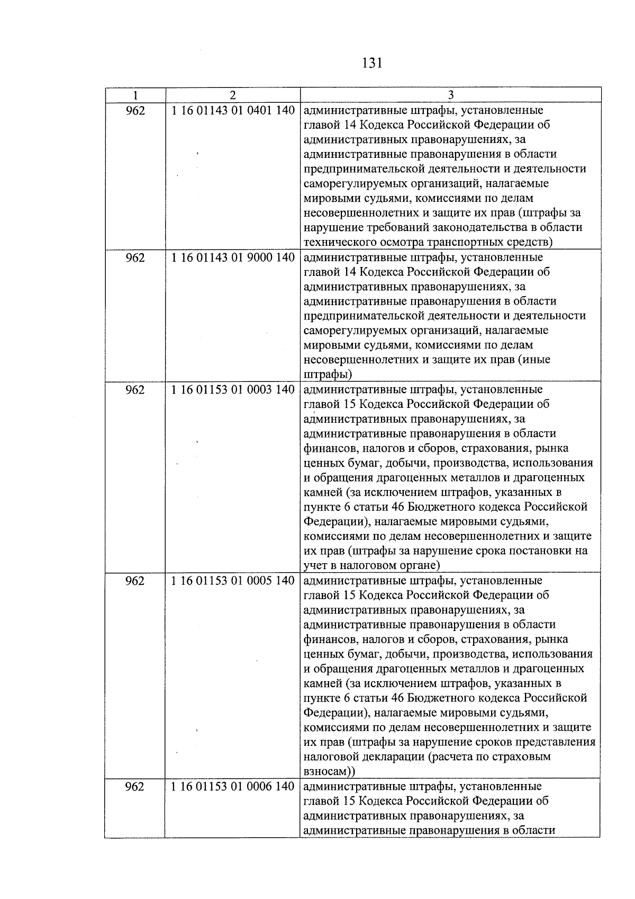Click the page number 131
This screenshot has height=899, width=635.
pos(371,64)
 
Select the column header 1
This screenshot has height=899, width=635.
pos(135,95)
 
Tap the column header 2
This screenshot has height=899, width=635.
pos(233,95)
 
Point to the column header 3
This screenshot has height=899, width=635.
pos(450,95)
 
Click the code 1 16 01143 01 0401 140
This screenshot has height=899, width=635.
pos(233,111)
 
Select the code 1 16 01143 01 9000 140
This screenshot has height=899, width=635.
pos(233,257)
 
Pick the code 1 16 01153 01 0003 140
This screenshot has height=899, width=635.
pos(233,389)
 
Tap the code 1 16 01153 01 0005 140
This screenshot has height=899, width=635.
pos(233,581)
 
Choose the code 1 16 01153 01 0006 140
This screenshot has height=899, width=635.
pos(233,786)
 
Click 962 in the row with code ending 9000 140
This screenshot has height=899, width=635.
pos(135,257)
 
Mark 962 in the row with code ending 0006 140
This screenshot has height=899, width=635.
pos(135,786)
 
